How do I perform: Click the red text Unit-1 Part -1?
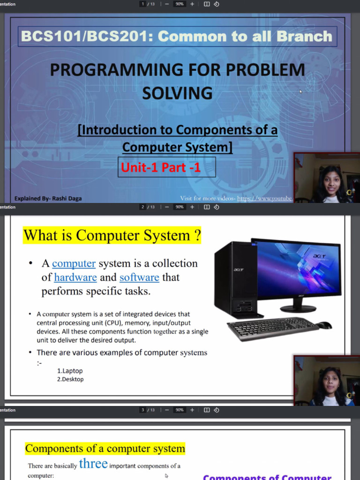click(161, 167)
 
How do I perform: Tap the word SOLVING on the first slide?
click(177, 93)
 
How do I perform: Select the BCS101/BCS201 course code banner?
click(176, 37)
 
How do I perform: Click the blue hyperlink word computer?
click(74, 263)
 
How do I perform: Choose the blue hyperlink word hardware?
click(75, 277)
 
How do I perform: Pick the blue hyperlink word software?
click(139, 277)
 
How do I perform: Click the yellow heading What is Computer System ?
click(112, 235)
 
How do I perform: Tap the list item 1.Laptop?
click(70, 371)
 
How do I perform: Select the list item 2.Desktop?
click(70, 379)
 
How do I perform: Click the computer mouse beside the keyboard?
click(324, 325)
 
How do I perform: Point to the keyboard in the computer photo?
click(272, 328)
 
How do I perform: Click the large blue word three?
click(93, 464)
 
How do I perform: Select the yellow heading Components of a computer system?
click(105, 449)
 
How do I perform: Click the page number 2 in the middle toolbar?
click(142, 207)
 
